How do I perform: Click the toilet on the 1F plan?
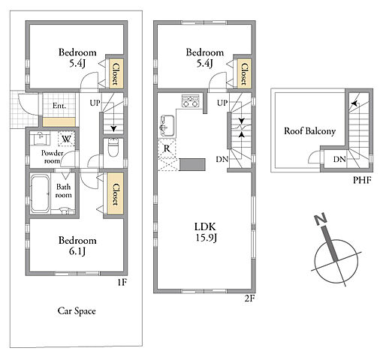[x=113, y=147]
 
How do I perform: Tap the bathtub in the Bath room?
[x=40, y=193]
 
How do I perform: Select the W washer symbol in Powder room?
[x=66, y=139]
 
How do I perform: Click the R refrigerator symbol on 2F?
[x=167, y=148]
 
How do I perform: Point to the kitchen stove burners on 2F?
[x=191, y=101]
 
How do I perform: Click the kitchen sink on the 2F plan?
[x=167, y=126]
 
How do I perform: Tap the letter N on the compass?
[x=321, y=219]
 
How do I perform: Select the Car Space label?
[x=77, y=311]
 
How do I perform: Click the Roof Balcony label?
[x=309, y=131]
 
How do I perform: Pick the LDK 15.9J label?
[x=206, y=232]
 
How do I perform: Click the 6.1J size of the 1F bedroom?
[x=77, y=251]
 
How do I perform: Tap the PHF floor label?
[x=362, y=180]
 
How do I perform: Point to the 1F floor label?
[x=122, y=283]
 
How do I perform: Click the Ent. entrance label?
[x=59, y=106]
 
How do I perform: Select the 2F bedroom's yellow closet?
[x=244, y=73]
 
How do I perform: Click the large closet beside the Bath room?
[x=116, y=193]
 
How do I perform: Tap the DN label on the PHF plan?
[x=339, y=159]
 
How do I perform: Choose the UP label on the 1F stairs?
[x=95, y=103]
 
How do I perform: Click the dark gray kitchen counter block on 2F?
[x=192, y=164]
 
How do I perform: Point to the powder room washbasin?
[x=40, y=138]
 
